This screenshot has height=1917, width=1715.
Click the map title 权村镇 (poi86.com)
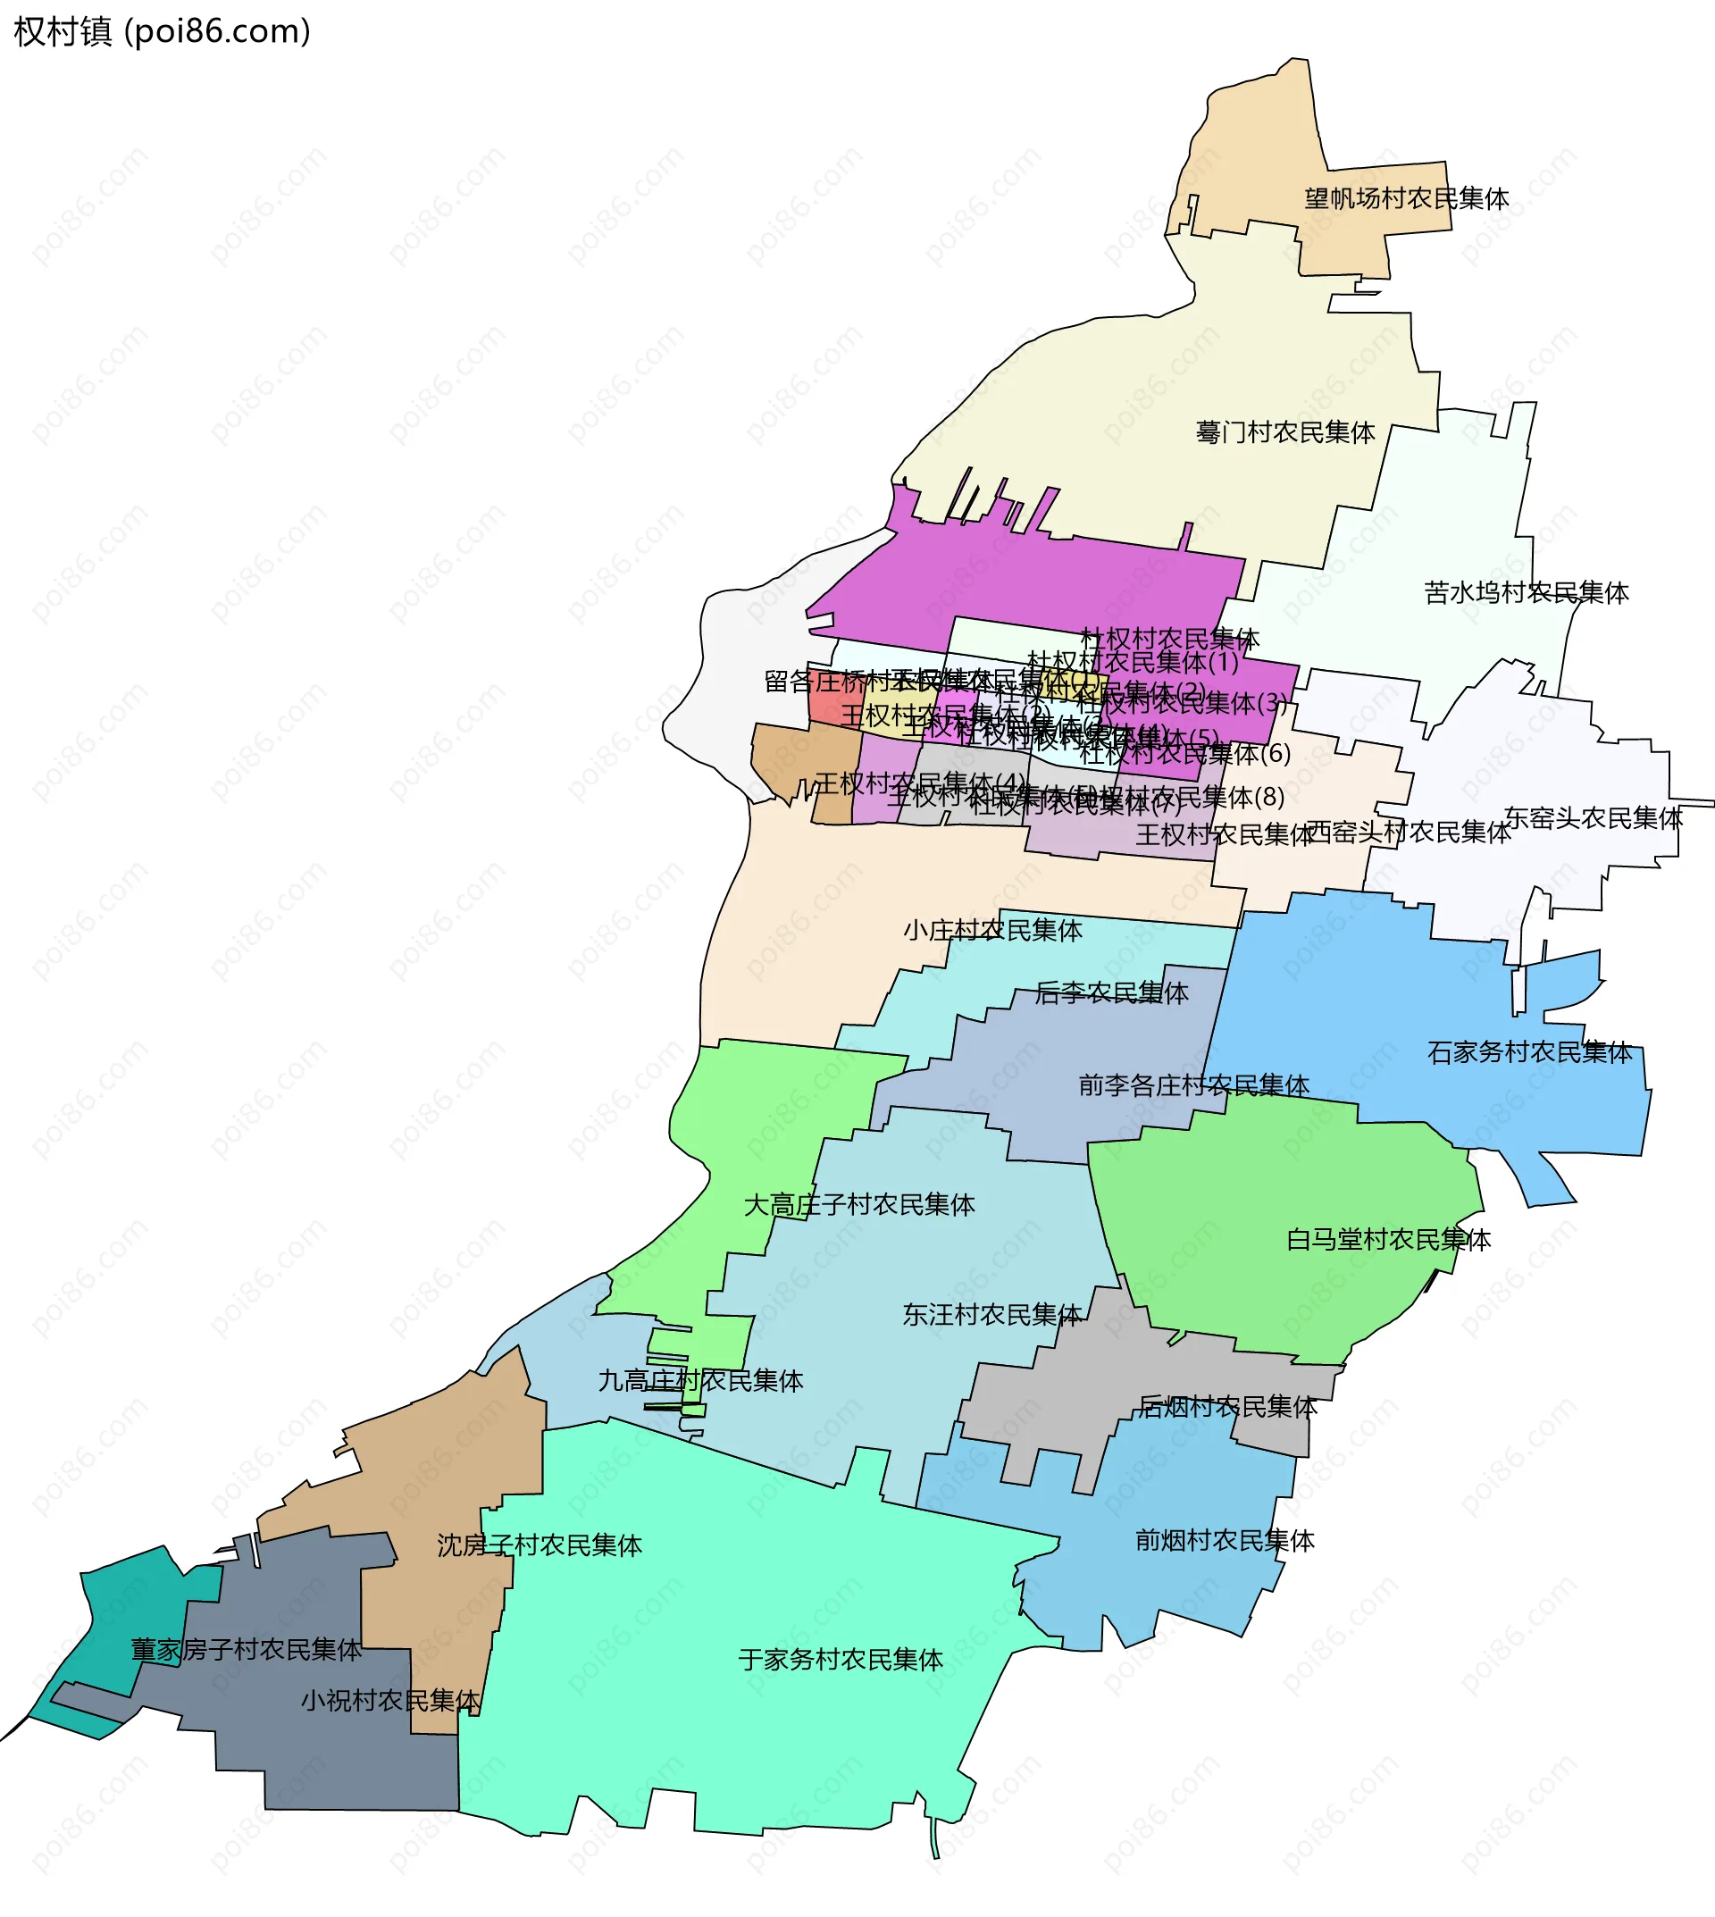pos(162,32)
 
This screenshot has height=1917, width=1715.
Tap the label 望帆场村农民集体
pos(1406,199)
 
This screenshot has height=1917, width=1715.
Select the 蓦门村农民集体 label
pos(1285,432)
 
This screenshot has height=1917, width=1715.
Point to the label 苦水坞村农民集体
pos(1527,593)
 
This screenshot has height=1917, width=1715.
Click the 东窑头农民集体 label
pos(1593,818)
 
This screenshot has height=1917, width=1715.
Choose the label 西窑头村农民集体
pos(1408,833)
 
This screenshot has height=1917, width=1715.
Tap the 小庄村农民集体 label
pos(992,930)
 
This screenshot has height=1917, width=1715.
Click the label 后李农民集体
pos(1111,992)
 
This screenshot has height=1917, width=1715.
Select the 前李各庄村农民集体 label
pos(1193,1085)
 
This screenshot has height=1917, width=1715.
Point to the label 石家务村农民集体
pos(1529,1053)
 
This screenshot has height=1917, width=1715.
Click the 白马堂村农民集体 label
pos(1388,1239)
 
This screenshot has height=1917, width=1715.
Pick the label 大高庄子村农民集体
pos(858,1204)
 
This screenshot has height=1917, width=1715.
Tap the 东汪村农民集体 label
pos(991,1315)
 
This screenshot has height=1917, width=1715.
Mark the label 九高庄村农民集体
pos(700,1381)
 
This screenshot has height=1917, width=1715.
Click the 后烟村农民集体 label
pos(1227,1407)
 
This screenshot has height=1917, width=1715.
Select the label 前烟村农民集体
pos(1224,1541)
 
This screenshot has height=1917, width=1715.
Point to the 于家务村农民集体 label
pos(840,1660)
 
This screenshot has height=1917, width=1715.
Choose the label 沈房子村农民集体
pos(539,1545)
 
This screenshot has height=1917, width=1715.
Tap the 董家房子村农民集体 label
pos(246,1649)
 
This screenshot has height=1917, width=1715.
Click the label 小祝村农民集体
pos(390,1700)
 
